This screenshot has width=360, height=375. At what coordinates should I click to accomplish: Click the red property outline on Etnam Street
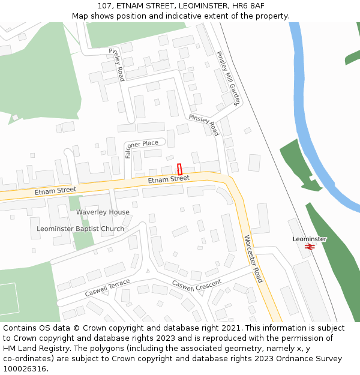179,169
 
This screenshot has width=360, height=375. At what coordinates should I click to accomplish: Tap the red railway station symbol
310,246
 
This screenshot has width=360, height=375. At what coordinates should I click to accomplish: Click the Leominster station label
310,239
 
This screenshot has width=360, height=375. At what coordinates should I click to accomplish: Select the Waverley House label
103,212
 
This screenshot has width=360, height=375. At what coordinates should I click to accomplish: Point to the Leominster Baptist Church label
80,229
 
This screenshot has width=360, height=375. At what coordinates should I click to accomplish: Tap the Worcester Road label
253,259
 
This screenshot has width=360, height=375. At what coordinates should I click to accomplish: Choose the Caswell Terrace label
107,288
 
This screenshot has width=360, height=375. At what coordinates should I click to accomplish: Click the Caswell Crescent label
197,285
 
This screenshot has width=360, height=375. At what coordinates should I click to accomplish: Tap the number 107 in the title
105,5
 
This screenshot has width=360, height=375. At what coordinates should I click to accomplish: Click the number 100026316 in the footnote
23,368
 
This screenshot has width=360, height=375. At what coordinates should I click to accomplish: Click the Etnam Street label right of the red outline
169,179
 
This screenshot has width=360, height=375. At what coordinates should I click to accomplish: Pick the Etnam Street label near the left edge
55,191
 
